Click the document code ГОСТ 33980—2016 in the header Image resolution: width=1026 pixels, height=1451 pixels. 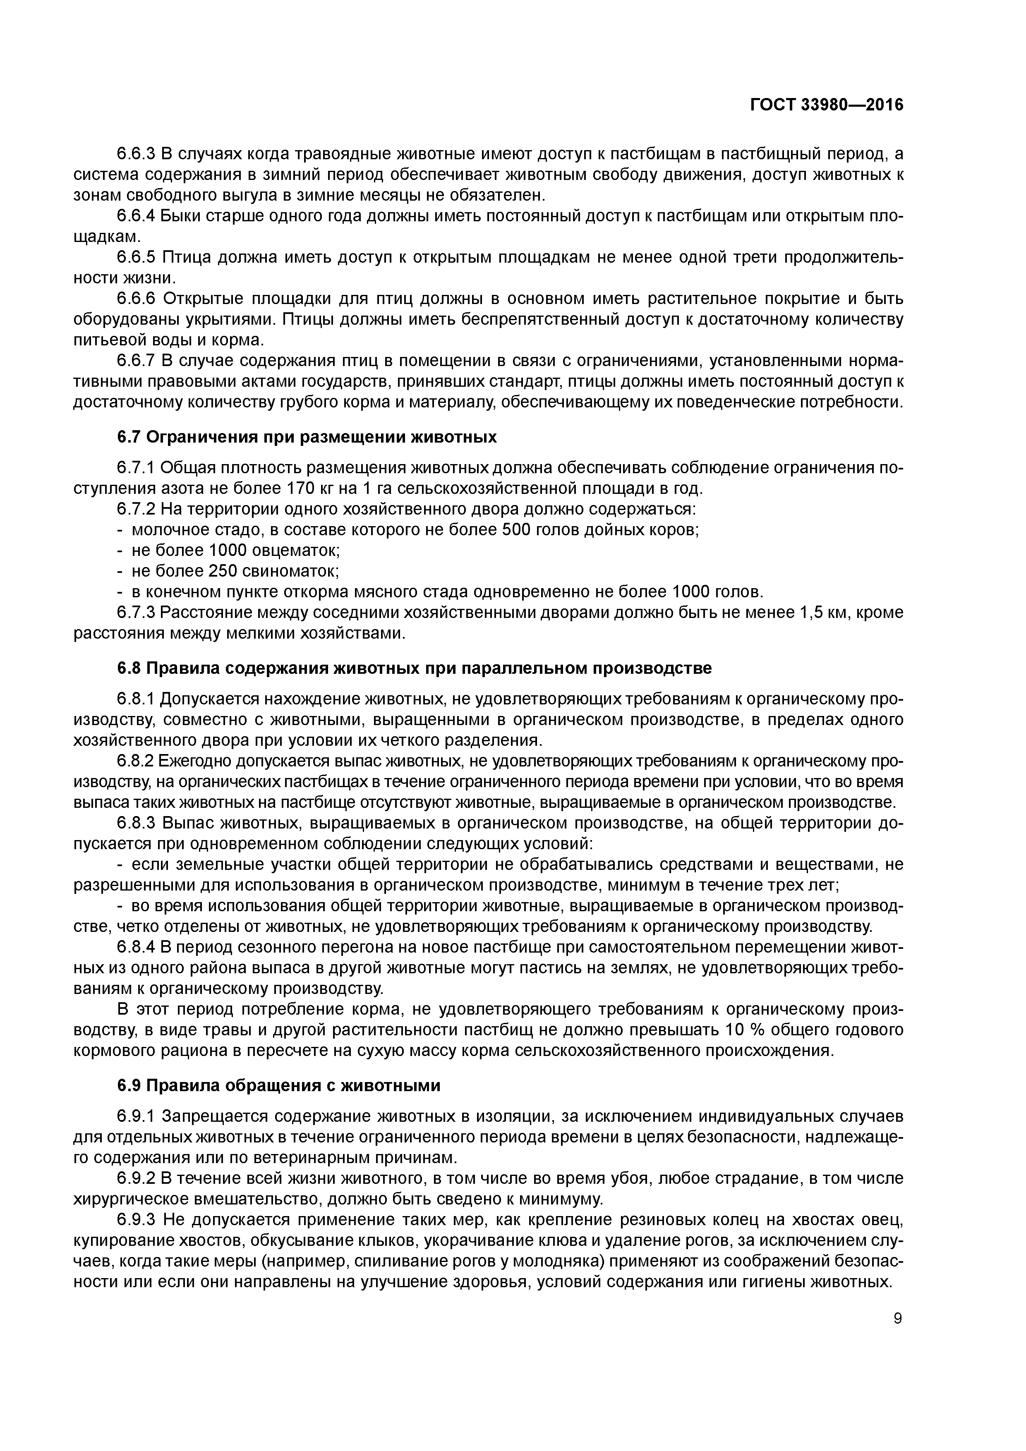point(827,105)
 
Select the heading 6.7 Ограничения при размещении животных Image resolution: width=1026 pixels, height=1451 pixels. point(307,437)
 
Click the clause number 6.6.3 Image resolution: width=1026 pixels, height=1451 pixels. point(136,153)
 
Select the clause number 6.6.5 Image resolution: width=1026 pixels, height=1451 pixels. point(136,257)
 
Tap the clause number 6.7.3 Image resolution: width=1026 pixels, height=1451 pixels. point(136,613)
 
